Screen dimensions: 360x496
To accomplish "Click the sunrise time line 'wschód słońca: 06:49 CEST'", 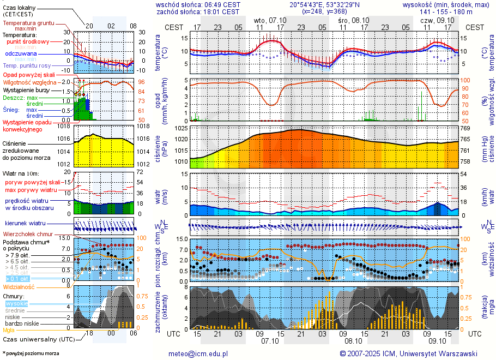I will click(197, 4).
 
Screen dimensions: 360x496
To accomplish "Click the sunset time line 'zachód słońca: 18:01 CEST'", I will click(197, 11).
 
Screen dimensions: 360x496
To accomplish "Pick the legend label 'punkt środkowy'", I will click(28, 41).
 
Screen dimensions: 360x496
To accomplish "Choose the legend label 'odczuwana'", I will click(21, 53).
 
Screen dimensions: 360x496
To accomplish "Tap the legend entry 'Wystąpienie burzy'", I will click(26, 89).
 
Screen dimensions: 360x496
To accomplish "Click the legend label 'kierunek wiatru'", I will click(25, 223).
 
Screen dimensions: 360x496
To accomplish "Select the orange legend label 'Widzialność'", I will click(19, 286).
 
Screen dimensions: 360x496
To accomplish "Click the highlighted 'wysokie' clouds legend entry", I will click(16, 303).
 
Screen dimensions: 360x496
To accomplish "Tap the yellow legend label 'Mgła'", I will click(9, 330).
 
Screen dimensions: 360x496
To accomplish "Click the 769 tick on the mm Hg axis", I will click(465, 128).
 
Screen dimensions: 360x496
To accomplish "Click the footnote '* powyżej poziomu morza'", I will click(31, 353).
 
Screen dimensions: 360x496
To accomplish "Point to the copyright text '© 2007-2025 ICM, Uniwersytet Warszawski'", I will click(408, 353).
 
